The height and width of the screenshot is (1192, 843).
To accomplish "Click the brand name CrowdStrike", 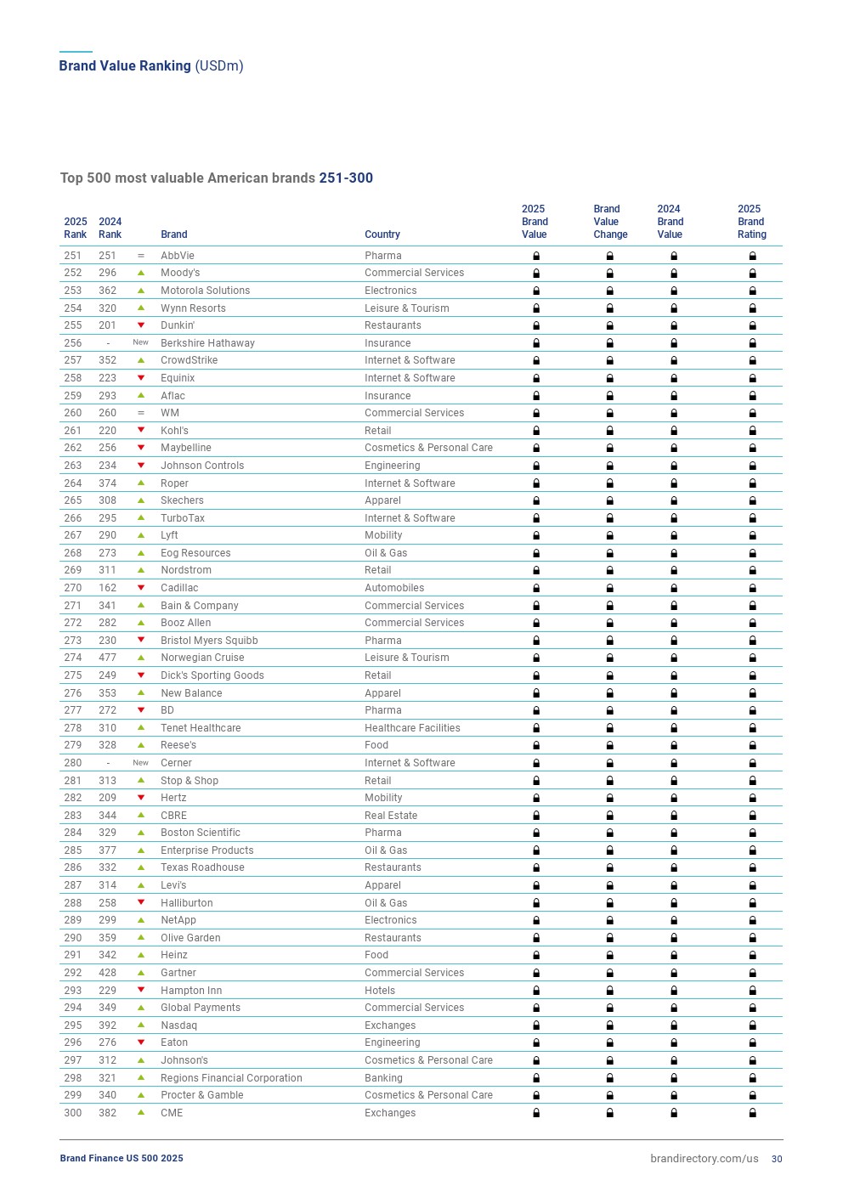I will [x=189, y=360].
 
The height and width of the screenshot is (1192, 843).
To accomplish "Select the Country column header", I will [x=382, y=234].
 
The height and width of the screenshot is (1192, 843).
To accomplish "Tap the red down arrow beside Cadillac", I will [x=141, y=588].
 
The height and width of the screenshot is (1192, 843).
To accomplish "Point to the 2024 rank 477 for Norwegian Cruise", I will [x=107, y=658].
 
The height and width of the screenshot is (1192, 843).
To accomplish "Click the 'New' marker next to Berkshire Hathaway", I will [x=140, y=342].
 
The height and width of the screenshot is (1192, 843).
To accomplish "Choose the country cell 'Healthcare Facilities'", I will [x=412, y=728].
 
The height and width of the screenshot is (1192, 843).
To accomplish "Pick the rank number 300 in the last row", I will [x=73, y=1113].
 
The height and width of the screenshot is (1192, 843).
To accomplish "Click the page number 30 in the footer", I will [x=777, y=1159].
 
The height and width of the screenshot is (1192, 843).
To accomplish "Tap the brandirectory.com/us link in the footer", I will [x=704, y=1159].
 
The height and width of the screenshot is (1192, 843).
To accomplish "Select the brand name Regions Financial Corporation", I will [x=231, y=1078].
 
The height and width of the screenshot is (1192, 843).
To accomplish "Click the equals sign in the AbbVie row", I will [x=141, y=256].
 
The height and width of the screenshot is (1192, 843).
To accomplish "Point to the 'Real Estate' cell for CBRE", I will [x=391, y=816].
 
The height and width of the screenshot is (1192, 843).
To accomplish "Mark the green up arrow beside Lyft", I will [x=141, y=535].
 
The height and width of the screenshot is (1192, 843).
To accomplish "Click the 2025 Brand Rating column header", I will [x=751, y=222].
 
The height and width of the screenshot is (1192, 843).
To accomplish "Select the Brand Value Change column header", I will [x=610, y=222].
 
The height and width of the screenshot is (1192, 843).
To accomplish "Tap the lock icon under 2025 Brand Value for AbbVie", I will [x=536, y=256].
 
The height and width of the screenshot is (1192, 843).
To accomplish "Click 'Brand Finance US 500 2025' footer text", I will [x=122, y=1159].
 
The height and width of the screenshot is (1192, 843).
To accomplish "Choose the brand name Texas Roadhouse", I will [x=202, y=867].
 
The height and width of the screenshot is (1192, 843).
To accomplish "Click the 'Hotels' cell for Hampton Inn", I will [x=380, y=991].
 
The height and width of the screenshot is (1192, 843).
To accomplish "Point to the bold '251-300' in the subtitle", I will [x=346, y=178].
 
